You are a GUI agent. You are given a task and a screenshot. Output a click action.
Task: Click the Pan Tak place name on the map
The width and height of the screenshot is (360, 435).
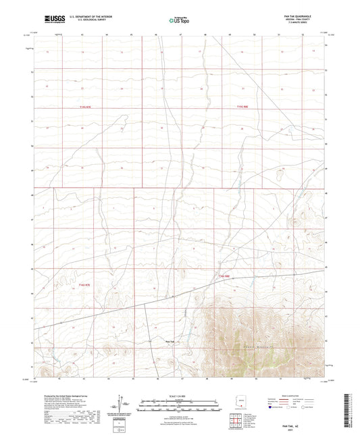[x=170, y=342]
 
